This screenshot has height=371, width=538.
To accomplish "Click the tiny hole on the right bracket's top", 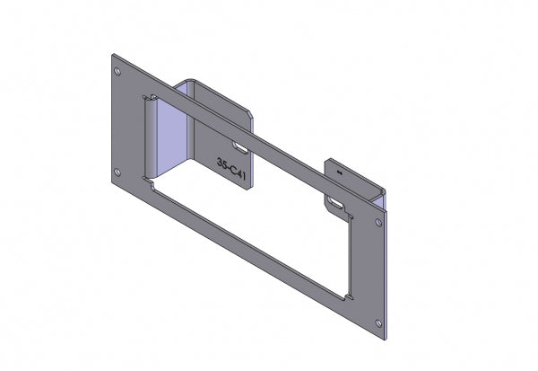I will [x=338, y=168].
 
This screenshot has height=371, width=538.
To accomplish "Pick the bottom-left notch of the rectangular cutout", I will [x=151, y=184].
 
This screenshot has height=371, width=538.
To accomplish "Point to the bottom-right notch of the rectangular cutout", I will [x=349, y=296].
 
